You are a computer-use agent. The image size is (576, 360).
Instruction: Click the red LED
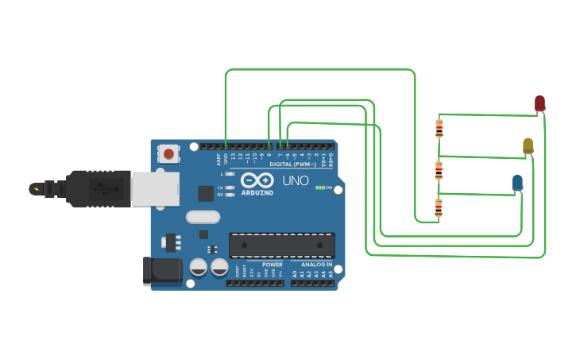(x=539, y=103)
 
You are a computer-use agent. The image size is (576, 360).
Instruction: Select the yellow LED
(x=528, y=145)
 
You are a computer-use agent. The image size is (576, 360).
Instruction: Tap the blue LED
(x=517, y=183)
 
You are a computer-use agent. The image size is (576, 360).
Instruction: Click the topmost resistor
(x=439, y=128)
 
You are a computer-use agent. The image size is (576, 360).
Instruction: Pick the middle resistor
(x=439, y=170)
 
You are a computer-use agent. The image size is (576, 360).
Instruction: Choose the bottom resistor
(x=439, y=208)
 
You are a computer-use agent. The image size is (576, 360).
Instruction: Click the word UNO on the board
(x=295, y=180)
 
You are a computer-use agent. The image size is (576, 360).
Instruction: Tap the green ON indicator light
(x=319, y=188)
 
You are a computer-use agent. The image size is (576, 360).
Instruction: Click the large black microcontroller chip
(x=281, y=245)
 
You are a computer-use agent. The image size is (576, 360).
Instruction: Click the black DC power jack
(x=161, y=270)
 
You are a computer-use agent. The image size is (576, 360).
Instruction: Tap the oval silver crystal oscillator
(x=203, y=216)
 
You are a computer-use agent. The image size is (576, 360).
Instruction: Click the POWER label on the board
(x=272, y=265)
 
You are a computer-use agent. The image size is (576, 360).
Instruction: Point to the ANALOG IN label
(x=316, y=265)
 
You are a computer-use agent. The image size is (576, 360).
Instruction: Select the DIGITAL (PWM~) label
(x=292, y=164)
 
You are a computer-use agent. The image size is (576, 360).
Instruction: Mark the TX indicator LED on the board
(x=230, y=188)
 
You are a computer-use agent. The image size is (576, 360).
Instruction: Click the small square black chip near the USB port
(x=206, y=192)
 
